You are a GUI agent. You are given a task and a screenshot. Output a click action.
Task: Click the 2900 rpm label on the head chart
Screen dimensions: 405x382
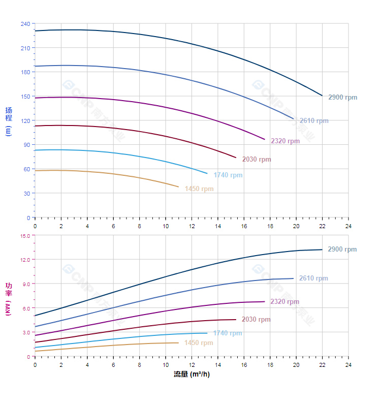[x=342, y=97]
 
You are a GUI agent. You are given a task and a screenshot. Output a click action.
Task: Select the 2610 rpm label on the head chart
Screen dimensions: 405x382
[x=314, y=121]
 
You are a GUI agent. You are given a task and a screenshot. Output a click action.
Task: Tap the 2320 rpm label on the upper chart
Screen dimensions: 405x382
[x=285, y=141]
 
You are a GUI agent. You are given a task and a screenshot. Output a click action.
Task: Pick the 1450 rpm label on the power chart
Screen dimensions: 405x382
[x=199, y=343]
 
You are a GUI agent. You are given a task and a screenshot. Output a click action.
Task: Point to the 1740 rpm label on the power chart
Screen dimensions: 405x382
[x=228, y=333]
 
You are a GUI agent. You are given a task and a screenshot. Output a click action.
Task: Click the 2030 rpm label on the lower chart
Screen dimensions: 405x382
[x=256, y=320]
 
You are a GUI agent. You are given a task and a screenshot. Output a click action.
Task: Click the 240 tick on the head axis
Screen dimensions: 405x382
[x=25, y=24]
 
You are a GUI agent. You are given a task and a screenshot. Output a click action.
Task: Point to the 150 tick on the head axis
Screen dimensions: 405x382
[x=25, y=97]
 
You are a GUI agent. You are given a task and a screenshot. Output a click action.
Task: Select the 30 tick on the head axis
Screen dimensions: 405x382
[x=27, y=194]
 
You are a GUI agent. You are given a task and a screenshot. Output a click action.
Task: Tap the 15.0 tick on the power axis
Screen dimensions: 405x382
[x=25, y=235]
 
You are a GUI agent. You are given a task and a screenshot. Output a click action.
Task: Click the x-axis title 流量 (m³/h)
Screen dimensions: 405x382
[x=192, y=375]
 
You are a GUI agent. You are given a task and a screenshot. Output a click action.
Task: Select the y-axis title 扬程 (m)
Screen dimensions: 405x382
[x=8, y=121]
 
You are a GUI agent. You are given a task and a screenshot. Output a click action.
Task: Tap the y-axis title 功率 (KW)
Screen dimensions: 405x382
[x=8, y=299]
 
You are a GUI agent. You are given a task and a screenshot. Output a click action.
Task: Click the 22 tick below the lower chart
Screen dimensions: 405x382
[x=322, y=365]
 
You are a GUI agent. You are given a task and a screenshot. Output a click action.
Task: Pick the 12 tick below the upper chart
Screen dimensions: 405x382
[x=192, y=226]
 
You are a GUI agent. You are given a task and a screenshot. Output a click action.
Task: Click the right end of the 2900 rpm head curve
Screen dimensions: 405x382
[x=322, y=96]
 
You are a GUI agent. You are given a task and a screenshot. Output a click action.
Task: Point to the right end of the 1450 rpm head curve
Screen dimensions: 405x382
[x=179, y=187]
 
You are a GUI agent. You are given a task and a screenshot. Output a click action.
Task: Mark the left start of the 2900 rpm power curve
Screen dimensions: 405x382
[x=35, y=316]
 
